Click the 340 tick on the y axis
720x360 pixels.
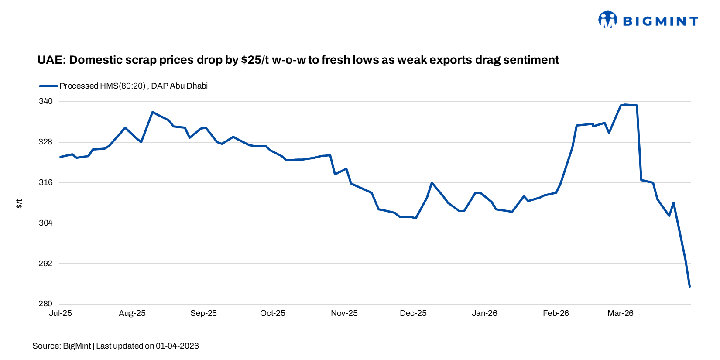point(45,101)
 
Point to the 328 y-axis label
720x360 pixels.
point(45,142)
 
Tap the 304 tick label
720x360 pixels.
point(45,223)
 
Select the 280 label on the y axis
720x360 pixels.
point(45,304)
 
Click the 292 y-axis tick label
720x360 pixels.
point(45,264)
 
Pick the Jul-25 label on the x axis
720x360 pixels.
point(60,313)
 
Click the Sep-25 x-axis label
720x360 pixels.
point(203,313)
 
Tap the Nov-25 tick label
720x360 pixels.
point(344,313)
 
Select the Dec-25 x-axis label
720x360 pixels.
point(413,313)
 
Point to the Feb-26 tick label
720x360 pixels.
point(555,313)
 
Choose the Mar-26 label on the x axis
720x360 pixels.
point(620,313)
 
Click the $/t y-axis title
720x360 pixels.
point(19,203)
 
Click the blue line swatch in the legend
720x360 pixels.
point(48,86)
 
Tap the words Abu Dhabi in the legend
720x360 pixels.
point(189,86)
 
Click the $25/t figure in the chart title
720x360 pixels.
point(254,60)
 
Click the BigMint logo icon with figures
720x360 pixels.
point(607,20)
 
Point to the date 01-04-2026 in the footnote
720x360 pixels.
point(177,346)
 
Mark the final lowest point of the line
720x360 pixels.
point(689,287)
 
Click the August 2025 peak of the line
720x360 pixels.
point(152,112)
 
